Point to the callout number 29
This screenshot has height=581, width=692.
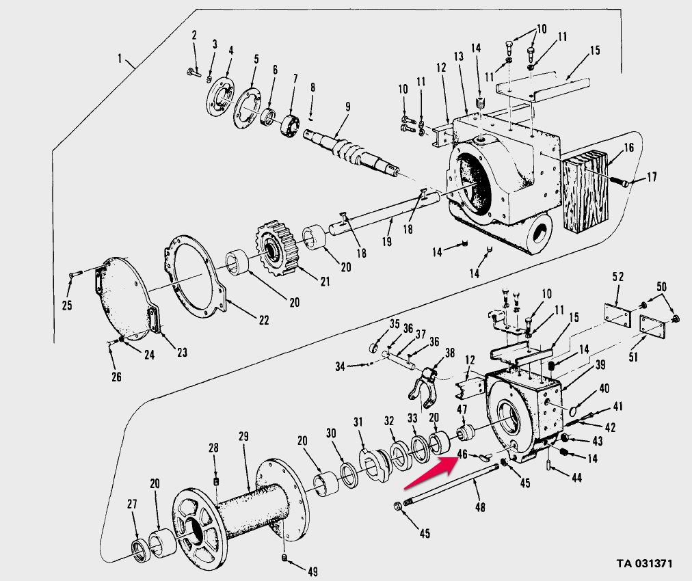coord(243,436)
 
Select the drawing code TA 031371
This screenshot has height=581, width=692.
coord(644,563)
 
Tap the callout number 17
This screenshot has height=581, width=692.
coord(651,177)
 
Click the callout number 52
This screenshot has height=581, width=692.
coord(617,278)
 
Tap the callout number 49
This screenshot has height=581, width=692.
coord(312,571)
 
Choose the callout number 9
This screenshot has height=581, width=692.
coord(347,107)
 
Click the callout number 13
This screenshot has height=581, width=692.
coord(458,55)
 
